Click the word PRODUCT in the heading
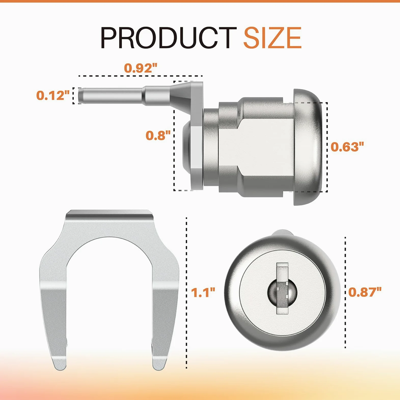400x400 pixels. point(169,38)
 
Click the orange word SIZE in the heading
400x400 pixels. point(273,38)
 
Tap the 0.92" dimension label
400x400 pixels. point(141,68)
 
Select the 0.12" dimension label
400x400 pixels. point(53,95)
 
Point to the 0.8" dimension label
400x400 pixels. point(158,135)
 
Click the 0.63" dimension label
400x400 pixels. point(347,147)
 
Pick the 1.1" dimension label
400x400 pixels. point(203,293)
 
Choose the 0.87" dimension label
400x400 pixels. point(365,292)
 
